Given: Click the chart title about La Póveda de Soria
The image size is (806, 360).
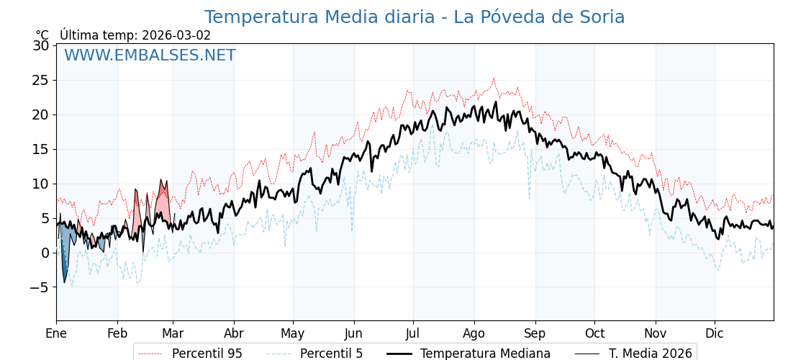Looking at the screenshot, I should point(414,17).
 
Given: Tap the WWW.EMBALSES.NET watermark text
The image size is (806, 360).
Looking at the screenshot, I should point(150,55).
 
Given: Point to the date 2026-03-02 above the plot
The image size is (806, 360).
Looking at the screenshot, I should point(176,35).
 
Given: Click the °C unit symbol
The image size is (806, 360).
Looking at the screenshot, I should point(42,35).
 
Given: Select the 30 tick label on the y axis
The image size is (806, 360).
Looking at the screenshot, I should point(40,45).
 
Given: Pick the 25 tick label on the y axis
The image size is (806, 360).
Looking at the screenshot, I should point(40,80).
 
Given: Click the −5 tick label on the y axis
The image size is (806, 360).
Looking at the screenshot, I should point(37,287).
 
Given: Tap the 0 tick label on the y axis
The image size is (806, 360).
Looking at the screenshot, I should point(45,253).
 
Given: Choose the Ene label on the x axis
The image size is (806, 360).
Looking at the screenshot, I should point(56,333).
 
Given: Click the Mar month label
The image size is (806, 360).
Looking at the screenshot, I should point(173,333).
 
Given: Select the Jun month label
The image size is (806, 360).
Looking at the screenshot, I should point(354,333).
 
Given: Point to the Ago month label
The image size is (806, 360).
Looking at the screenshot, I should point(474,333).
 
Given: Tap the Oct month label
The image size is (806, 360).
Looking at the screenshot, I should point(594,333).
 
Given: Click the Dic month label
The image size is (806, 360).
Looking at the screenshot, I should point(715,333).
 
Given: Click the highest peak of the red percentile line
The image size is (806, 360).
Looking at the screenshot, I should point(494,78).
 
